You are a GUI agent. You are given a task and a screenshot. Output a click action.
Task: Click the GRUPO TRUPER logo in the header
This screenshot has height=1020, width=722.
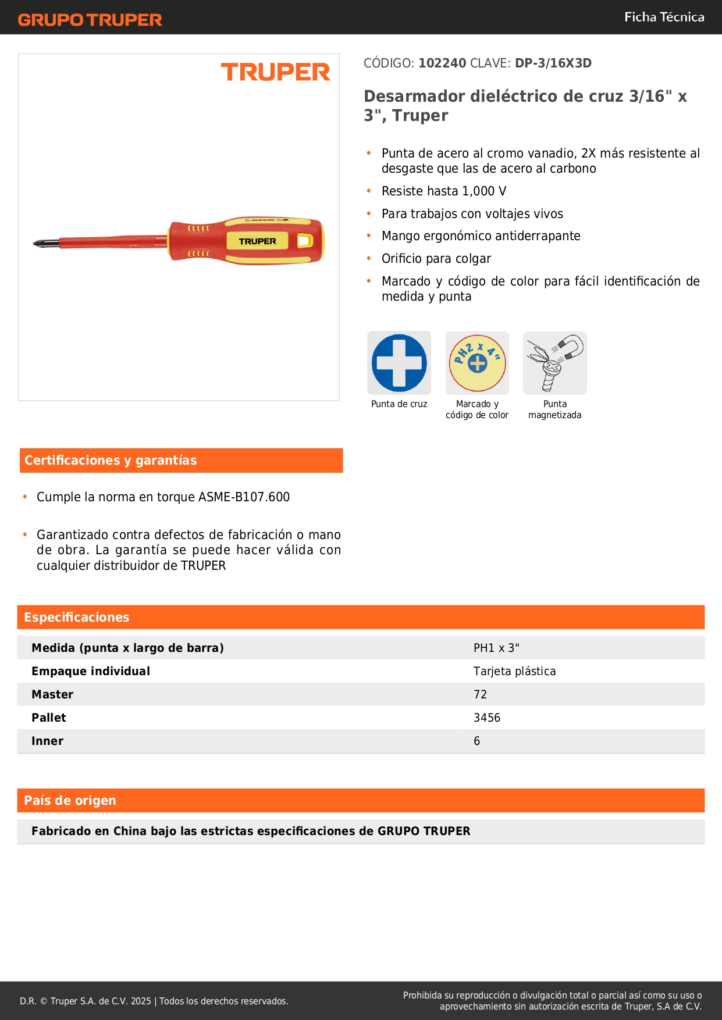click(x=90, y=20)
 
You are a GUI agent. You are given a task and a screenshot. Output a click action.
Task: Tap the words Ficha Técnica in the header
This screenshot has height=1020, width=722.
click(x=664, y=17)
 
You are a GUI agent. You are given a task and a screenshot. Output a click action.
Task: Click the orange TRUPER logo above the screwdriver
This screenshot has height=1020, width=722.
click(x=275, y=72)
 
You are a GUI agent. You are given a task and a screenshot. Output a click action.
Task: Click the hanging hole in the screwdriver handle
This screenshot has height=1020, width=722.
click(x=304, y=240)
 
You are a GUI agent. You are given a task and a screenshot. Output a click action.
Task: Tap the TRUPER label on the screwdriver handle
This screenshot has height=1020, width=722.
click(x=257, y=241)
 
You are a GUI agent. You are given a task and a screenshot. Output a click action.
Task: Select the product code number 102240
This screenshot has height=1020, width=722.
click(x=442, y=63)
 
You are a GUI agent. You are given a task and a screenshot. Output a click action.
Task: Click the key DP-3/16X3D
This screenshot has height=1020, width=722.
click(x=553, y=63)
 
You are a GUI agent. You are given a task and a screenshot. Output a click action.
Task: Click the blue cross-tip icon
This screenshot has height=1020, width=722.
click(x=399, y=363)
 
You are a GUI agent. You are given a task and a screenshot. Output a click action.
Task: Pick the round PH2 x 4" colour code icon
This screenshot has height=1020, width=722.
click(x=477, y=363)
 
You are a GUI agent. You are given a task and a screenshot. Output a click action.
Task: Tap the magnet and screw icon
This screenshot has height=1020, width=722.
click(x=554, y=363)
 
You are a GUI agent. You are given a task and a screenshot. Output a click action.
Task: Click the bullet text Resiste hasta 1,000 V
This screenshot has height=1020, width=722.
click(x=444, y=191)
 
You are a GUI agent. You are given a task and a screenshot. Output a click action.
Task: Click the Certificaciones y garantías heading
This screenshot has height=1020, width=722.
click(x=111, y=461)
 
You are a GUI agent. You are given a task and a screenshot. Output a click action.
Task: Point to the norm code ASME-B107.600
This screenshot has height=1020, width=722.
click(x=244, y=497)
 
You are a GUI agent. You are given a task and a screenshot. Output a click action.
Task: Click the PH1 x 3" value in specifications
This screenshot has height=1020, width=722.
click(x=496, y=648)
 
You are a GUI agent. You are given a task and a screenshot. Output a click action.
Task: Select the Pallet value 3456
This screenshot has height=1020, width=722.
click(x=487, y=718)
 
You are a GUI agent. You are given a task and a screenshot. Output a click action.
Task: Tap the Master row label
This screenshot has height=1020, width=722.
click(x=52, y=694)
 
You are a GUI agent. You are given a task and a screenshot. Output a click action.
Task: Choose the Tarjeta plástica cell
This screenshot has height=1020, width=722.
click(x=514, y=671)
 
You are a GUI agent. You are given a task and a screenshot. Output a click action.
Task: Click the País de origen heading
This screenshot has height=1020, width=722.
click(x=70, y=801)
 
